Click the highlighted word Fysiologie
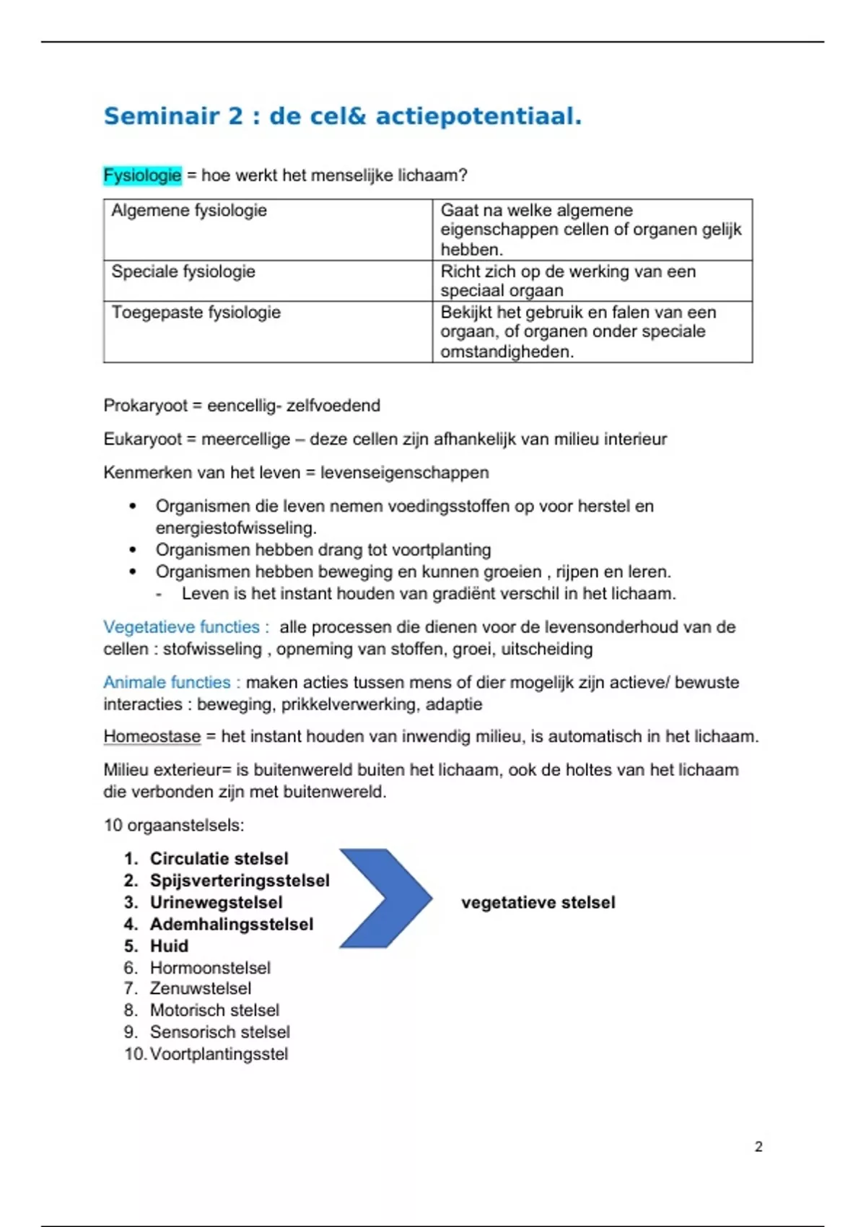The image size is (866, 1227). pos(142,175)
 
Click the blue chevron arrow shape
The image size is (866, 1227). pos(386,899)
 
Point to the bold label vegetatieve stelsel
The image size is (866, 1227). pos(538,902)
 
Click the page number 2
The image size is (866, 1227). pos(758,1146)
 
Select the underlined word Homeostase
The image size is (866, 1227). pos(152,736)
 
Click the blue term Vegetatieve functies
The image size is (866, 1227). pos(182,626)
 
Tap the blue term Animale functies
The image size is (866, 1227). pos(167,682)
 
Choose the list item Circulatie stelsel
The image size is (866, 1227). pos(219,858)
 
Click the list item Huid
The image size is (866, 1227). pos(169,946)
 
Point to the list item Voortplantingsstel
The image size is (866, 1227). pos(219,1054)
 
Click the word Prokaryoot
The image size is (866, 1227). pos(145,406)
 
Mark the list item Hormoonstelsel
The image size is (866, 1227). pos(210,967)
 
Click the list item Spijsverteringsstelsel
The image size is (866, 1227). pos(240,881)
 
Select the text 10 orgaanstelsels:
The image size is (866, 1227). pos(174,825)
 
